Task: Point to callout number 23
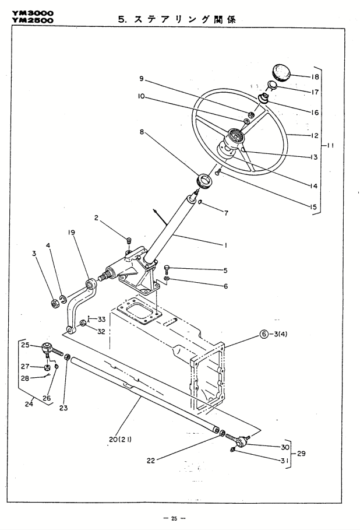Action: tap(64, 408)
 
